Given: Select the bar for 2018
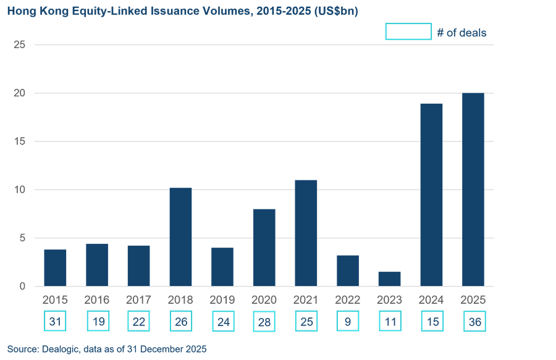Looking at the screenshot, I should [x=180, y=237].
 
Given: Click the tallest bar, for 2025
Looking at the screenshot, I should [x=473, y=190].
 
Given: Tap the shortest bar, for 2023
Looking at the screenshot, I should [x=389, y=278].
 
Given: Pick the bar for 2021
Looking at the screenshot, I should [x=306, y=233].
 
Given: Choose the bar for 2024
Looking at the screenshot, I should [x=431, y=195].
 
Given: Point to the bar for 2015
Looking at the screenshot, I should [x=55, y=267].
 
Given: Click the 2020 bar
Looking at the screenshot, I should [x=264, y=248].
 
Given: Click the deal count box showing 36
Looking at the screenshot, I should [x=473, y=321].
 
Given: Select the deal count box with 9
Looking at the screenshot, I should [x=347, y=321].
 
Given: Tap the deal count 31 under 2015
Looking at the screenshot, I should [x=55, y=321].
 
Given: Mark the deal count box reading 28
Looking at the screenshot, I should [x=264, y=321].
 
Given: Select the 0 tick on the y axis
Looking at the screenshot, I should [x=22, y=286].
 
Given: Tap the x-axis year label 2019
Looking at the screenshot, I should [x=222, y=300].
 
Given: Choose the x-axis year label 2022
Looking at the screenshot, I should [x=347, y=300].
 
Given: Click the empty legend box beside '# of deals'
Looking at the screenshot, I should [x=408, y=31].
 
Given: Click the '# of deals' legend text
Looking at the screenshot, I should [x=461, y=33].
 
